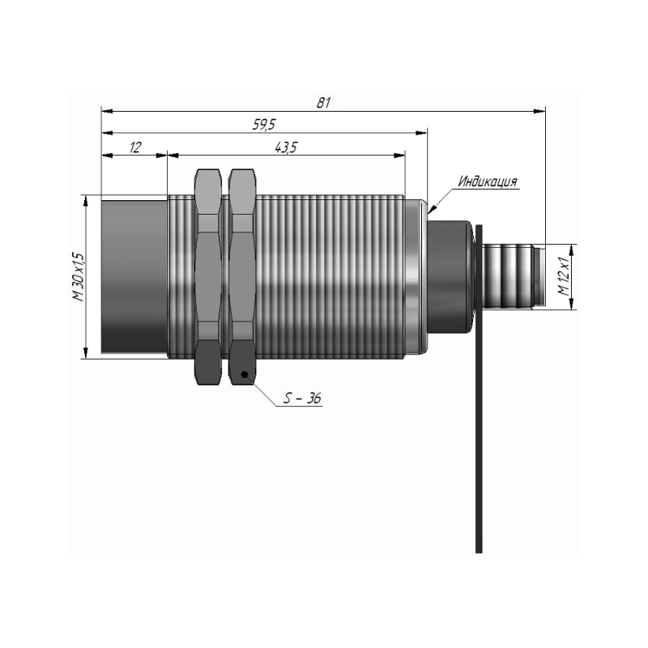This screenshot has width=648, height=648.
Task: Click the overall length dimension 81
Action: coord(323,103)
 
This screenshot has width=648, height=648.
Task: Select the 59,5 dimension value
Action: coord(264,125)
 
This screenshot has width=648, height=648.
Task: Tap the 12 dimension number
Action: coord(135,147)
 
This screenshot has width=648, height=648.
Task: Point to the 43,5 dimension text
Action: coord(286,147)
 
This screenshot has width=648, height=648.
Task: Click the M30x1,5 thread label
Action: coord(78,277)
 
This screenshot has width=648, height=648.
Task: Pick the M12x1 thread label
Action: coord(564,277)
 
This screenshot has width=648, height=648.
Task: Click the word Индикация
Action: coord(488,181)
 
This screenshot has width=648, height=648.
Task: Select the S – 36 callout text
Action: coord(302,398)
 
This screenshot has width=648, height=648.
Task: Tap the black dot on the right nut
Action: coord(245,374)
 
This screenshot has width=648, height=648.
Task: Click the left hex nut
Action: coord(208,277)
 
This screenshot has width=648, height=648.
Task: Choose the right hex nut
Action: coord(242,277)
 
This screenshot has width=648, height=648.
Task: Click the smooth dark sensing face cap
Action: coord(134,276)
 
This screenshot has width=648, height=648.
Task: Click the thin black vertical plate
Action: coord(479,389)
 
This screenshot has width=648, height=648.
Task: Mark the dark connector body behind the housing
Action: coord(450,276)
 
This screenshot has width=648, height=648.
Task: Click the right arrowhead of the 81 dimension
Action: coord(539,111)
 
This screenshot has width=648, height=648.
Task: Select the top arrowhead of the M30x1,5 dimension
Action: coord(86,201)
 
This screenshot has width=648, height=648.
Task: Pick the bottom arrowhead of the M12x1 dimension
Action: coord(572,303)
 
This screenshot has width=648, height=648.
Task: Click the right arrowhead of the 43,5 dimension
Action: coord(399,156)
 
